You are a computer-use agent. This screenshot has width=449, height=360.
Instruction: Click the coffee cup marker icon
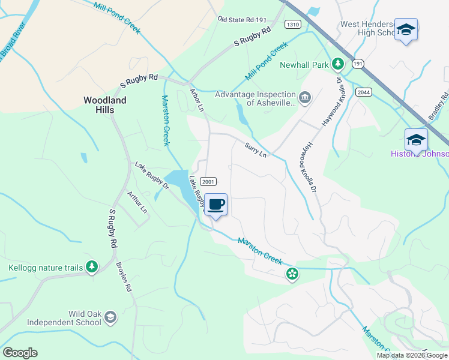(x=216, y=205)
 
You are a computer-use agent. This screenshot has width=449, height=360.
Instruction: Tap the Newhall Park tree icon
(x=338, y=64)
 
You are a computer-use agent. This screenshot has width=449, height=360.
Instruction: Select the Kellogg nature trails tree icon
(x=91, y=266)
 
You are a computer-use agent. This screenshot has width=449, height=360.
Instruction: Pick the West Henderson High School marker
(x=406, y=30)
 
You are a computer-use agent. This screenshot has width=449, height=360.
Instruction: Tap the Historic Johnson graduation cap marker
(x=416, y=140)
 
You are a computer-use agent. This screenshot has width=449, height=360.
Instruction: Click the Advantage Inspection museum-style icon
(x=305, y=97)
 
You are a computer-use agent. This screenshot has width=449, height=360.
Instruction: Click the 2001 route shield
(x=208, y=182)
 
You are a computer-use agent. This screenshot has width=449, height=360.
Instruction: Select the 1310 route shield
(x=293, y=25)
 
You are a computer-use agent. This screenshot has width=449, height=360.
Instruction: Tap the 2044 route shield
(x=363, y=92)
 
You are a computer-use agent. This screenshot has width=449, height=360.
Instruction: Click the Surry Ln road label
(x=255, y=148)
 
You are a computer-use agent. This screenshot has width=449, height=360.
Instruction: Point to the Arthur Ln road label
(x=137, y=202)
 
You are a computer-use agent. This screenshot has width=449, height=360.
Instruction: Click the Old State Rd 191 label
(x=242, y=20)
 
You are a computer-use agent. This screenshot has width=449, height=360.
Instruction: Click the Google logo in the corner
(x=20, y=353)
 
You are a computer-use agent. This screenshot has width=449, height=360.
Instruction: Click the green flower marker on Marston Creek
(x=292, y=274)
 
